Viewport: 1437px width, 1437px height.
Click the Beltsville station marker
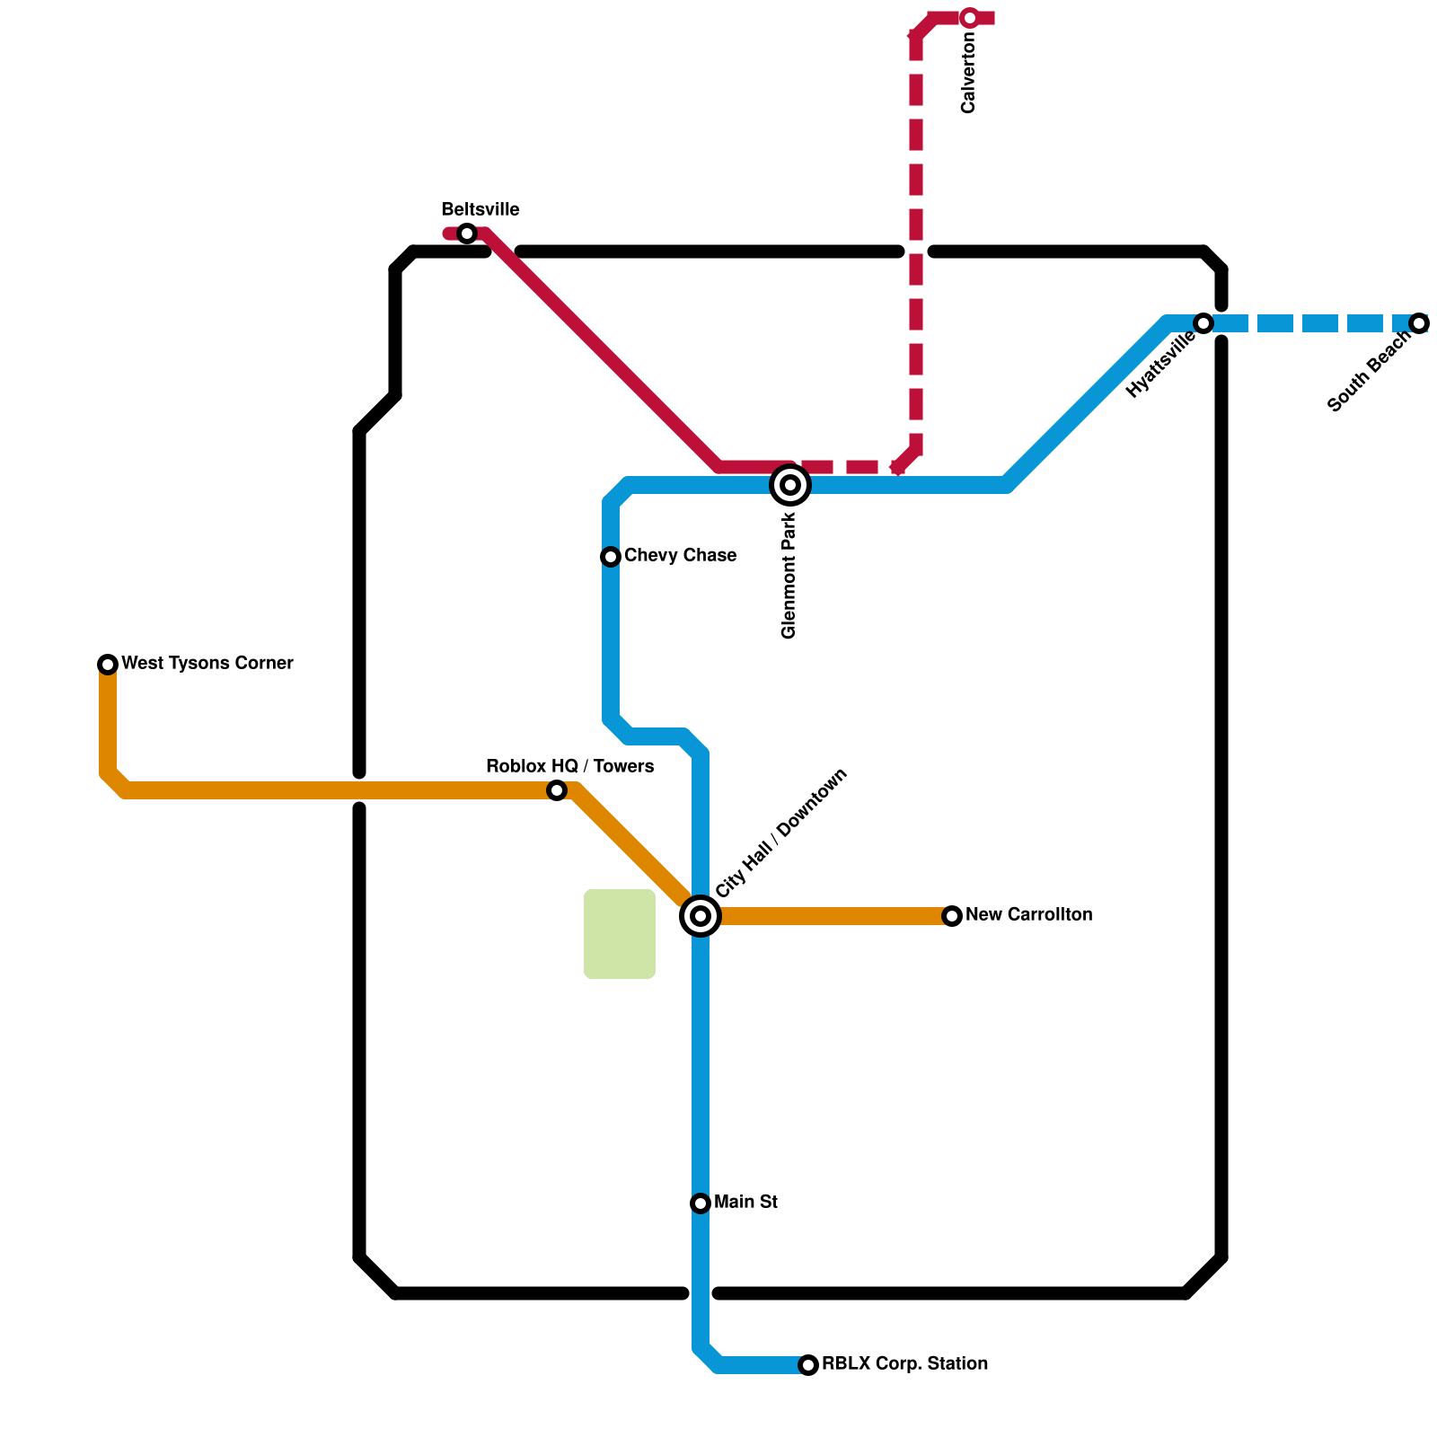tap(467, 234)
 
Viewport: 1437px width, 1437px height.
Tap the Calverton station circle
tap(970, 18)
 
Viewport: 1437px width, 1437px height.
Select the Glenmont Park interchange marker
tap(790, 485)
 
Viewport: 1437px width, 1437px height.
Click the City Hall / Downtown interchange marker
tap(701, 916)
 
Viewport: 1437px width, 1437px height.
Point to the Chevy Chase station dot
tap(611, 557)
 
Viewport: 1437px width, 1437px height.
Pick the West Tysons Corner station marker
tap(108, 665)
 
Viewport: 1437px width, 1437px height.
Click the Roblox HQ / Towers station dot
tap(557, 790)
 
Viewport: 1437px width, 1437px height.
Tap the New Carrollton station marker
tap(952, 916)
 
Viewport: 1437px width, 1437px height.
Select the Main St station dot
tap(701, 1203)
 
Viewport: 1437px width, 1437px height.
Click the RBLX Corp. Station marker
tap(808, 1365)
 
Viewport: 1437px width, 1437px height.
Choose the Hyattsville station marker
tap(1203, 323)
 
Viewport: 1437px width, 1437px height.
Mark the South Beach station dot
tap(1419, 323)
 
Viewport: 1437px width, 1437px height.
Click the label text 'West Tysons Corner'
tap(207, 664)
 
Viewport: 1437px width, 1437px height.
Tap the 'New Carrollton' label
tap(1029, 915)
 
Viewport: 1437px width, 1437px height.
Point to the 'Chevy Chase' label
tap(680, 556)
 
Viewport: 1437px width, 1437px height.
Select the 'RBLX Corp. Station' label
tap(905, 1364)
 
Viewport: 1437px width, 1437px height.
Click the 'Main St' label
tap(745, 1203)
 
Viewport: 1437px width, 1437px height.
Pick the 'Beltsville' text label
tap(480, 210)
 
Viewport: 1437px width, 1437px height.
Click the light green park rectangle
tap(620, 934)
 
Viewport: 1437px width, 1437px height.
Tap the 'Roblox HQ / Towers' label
tap(569, 767)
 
